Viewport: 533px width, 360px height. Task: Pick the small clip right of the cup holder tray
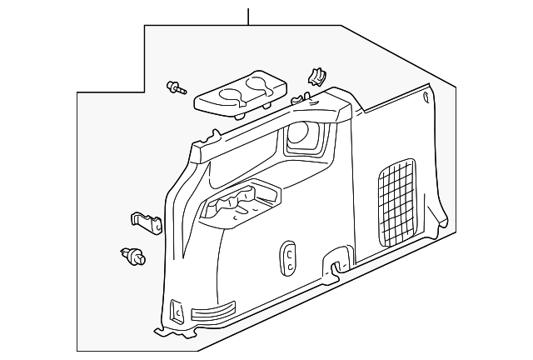click(316, 77)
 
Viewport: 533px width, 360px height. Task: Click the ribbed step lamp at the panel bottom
click(213, 314)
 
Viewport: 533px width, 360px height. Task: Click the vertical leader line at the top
click(247, 16)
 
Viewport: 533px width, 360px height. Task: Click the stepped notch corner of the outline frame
click(145, 92)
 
